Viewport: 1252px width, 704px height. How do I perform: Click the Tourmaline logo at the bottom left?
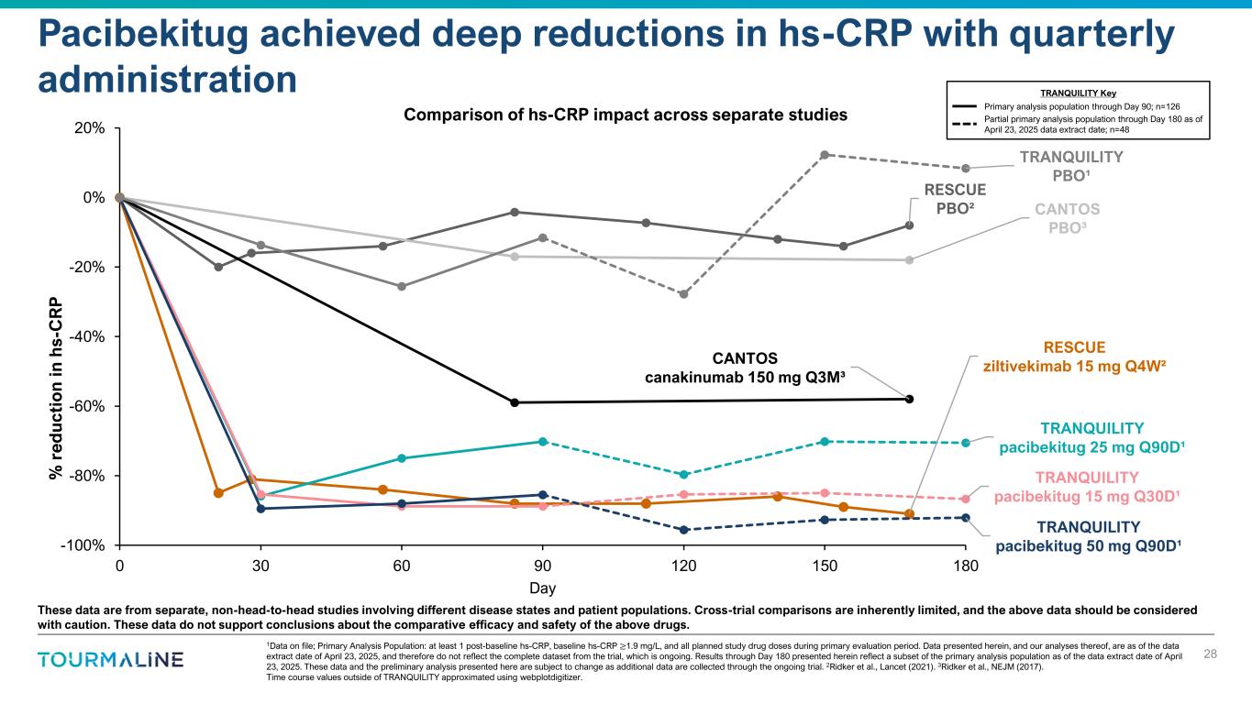pyautogui.click(x=110, y=660)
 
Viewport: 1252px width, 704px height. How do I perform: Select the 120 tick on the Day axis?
pyautogui.click(x=683, y=565)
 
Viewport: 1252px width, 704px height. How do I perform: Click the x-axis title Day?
pyautogui.click(x=543, y=588)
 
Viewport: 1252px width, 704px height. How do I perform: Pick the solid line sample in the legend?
pyautogui.click(x=969, y=107)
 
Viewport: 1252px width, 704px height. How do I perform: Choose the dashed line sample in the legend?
pyautogui.click(x=969, y=124)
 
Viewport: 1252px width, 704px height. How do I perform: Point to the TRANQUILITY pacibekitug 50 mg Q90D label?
pyautogui.click(x=1089, y=536)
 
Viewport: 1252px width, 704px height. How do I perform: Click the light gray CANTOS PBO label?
pyautogui.click(x=1067, y=217)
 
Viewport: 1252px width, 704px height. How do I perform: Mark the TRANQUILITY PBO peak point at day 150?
pyautogui.click(x=825, y=155)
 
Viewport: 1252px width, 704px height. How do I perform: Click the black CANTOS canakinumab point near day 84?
pyautogui.click(x=515, y=402)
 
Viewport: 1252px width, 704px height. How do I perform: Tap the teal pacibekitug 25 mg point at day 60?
pyautogui.click(x=401, y=458)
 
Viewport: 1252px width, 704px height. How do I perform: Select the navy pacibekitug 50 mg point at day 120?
pyautogui.click(x=683, y=530)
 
